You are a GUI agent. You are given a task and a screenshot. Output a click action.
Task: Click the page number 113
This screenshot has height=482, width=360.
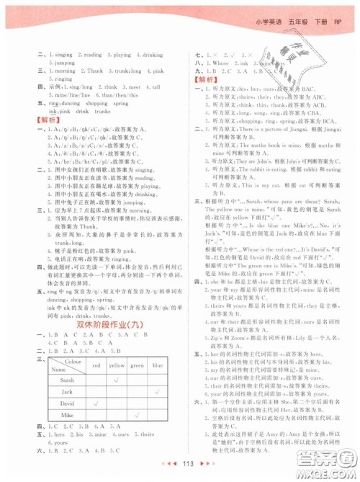pyautogui.click(x=181, y=466)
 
